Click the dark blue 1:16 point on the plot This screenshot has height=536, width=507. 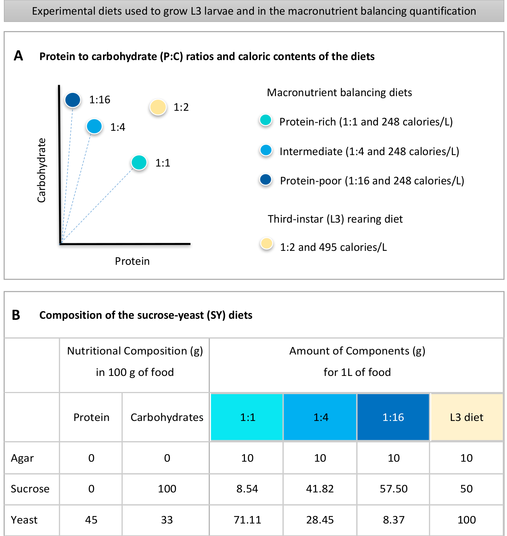pyautogui.click(x=73, y=100)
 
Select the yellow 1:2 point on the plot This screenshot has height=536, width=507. pyautogui.click(x=158, y=107)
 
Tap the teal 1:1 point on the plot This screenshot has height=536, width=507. pyautogui.click(x=139, y=163)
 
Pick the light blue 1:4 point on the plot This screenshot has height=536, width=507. pyautogui.click(x=94, y=126)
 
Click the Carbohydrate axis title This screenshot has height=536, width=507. pyautogui.click(x=42, y=170)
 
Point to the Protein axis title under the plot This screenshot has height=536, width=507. pyautogui.click(x=132, y=261)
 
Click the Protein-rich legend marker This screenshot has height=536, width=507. pyautogui.click(x=266, y=120)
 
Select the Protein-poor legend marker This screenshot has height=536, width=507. pyautogui.click(x=266, y=179)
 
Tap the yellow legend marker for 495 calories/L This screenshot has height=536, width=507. pyautogui.click(x=266, y=244)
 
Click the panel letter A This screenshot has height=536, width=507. pyautogui.click(x=18, y=56)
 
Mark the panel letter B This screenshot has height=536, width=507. pyautogui.click(x=16, y=315)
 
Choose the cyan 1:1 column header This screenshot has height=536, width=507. pyautogui.click(x=247, y=417)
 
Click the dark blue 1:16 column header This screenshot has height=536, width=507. pyautogui.click(x=393, y=417)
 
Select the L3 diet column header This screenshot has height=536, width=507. pyautogui.click(x=467, y=417)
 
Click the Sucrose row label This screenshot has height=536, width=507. pyautogui.click(x=30, y=489)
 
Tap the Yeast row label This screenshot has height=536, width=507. pyautogui.click(x=24, y=520)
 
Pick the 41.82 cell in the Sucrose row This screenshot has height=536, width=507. pyautogui.click(x=320, y=489)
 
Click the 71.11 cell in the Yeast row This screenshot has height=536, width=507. pyautogui.click(x=247, y=520)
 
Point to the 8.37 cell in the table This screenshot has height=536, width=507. pyautogui.click(x=394, y=520)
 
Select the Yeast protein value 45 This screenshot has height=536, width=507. pyautogui.click(x=91, y=520)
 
